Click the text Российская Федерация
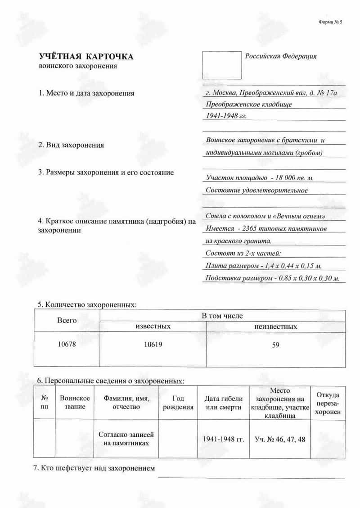click(x=281, y=56)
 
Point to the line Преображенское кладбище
click(x=249, y=104)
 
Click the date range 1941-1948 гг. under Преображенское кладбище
click(x=226, y=116)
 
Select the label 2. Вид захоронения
click(x=71, y=145)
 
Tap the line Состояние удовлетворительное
click(x=256, y=190)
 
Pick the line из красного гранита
click(x=238, y=240)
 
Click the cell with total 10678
click(x=67, y=345)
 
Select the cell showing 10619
click(x=153, y=345)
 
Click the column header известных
click(x=153, y=327)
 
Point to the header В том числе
click(x=222, y=316)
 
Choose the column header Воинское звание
click(x=75, y=403)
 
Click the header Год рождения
click(x=178, y=403)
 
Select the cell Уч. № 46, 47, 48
click(x=279, y=439)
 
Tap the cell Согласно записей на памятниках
click(x=126, y=439)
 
